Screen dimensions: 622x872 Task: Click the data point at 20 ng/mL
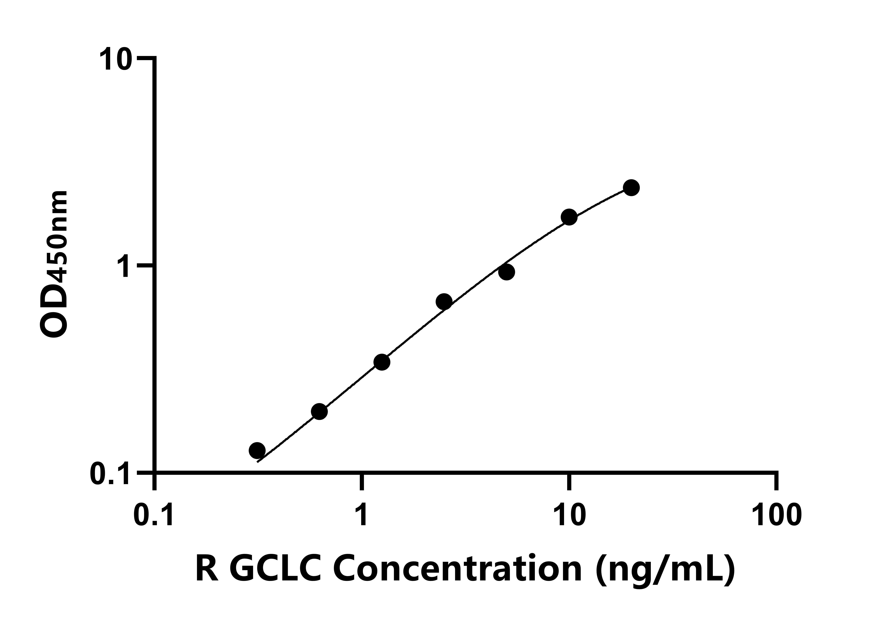[x=631, y=188]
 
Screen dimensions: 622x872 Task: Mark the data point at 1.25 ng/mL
[x=382, y=362]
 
